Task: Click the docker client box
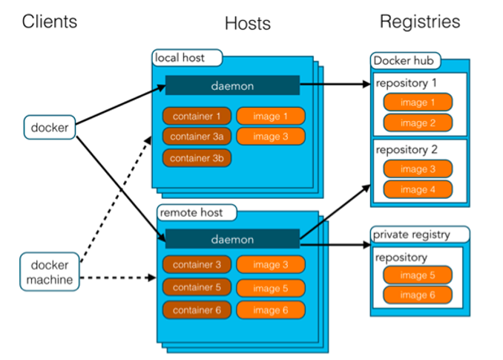click(50, 127)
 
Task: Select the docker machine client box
click(50, 272)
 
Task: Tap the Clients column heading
click(50, 22)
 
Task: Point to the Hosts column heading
click(248, 24)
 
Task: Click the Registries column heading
click(420, 22)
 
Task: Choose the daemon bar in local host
click(232, 85)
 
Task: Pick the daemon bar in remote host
click(232, 239)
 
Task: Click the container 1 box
click(197, 117)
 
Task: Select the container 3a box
click(197, 137)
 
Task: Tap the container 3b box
click(197, 158)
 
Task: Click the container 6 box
click(197, 310)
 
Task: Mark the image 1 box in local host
click(270, 117)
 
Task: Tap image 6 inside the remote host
click(270, 310)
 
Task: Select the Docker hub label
click(406, 60)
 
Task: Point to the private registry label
click(421, 235)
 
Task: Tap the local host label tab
click(179, 58)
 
